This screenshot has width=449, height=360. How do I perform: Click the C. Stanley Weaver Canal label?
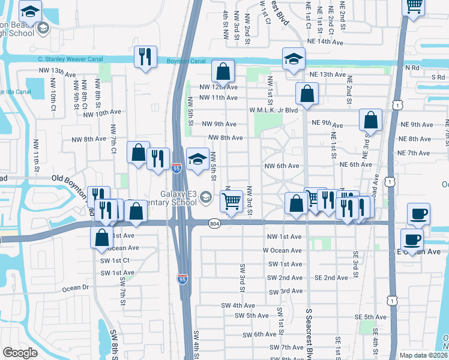coord(69,59)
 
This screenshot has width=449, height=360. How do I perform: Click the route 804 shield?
coord(214,223)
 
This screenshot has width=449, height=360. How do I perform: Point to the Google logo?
coord(20,353)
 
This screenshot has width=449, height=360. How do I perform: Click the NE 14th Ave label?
coord(327,43)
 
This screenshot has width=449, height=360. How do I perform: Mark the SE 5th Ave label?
coord(370,317)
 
